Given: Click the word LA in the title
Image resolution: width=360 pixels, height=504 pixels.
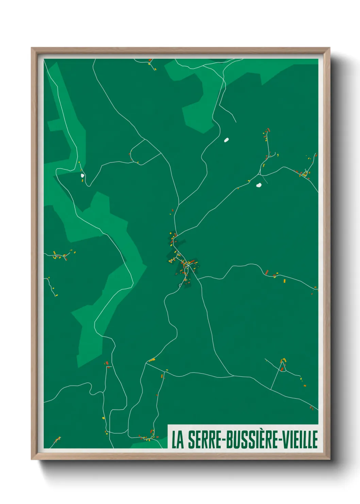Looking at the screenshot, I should (177, 440).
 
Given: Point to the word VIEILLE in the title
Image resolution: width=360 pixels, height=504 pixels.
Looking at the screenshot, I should (299, 440).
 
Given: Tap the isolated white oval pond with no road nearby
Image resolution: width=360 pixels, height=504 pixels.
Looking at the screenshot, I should (226, 140).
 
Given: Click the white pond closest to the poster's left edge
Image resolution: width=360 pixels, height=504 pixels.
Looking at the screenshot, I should (82, 176).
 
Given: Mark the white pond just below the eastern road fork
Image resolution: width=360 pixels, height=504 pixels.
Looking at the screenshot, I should (259, 185).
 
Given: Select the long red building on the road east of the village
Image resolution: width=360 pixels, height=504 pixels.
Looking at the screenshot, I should (267, 272).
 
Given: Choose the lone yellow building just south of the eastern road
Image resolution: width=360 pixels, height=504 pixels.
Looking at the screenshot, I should (284, 281).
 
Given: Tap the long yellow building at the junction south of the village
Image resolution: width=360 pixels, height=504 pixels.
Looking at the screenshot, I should (152, 360).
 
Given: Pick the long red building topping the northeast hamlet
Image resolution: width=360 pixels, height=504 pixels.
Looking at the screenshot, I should (268, 130).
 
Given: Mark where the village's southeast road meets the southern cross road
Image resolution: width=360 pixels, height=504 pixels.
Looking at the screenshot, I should (232, 376).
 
